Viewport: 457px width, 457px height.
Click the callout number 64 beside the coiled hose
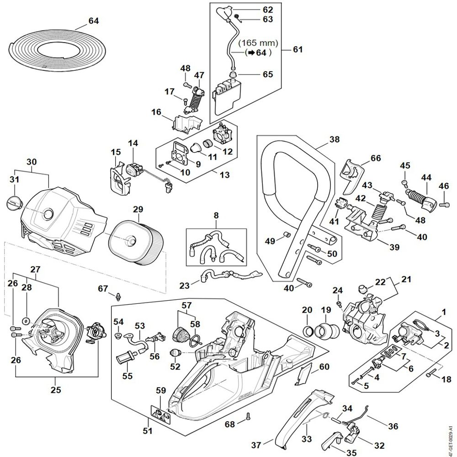click(93, 21)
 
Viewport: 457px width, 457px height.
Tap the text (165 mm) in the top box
click(259, 43)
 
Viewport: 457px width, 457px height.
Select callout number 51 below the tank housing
click(148, 431)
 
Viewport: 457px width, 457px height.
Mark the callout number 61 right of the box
click(298, 49)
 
